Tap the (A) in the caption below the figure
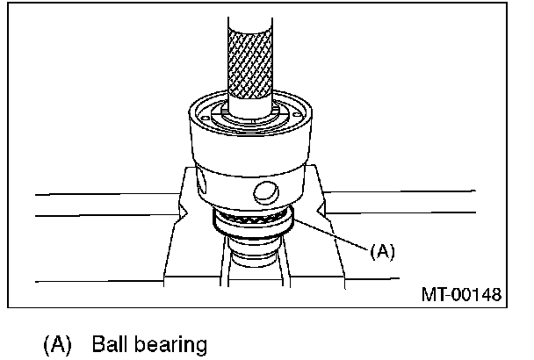click(x=58, y=344)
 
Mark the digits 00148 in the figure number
click(x=477, y=294)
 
